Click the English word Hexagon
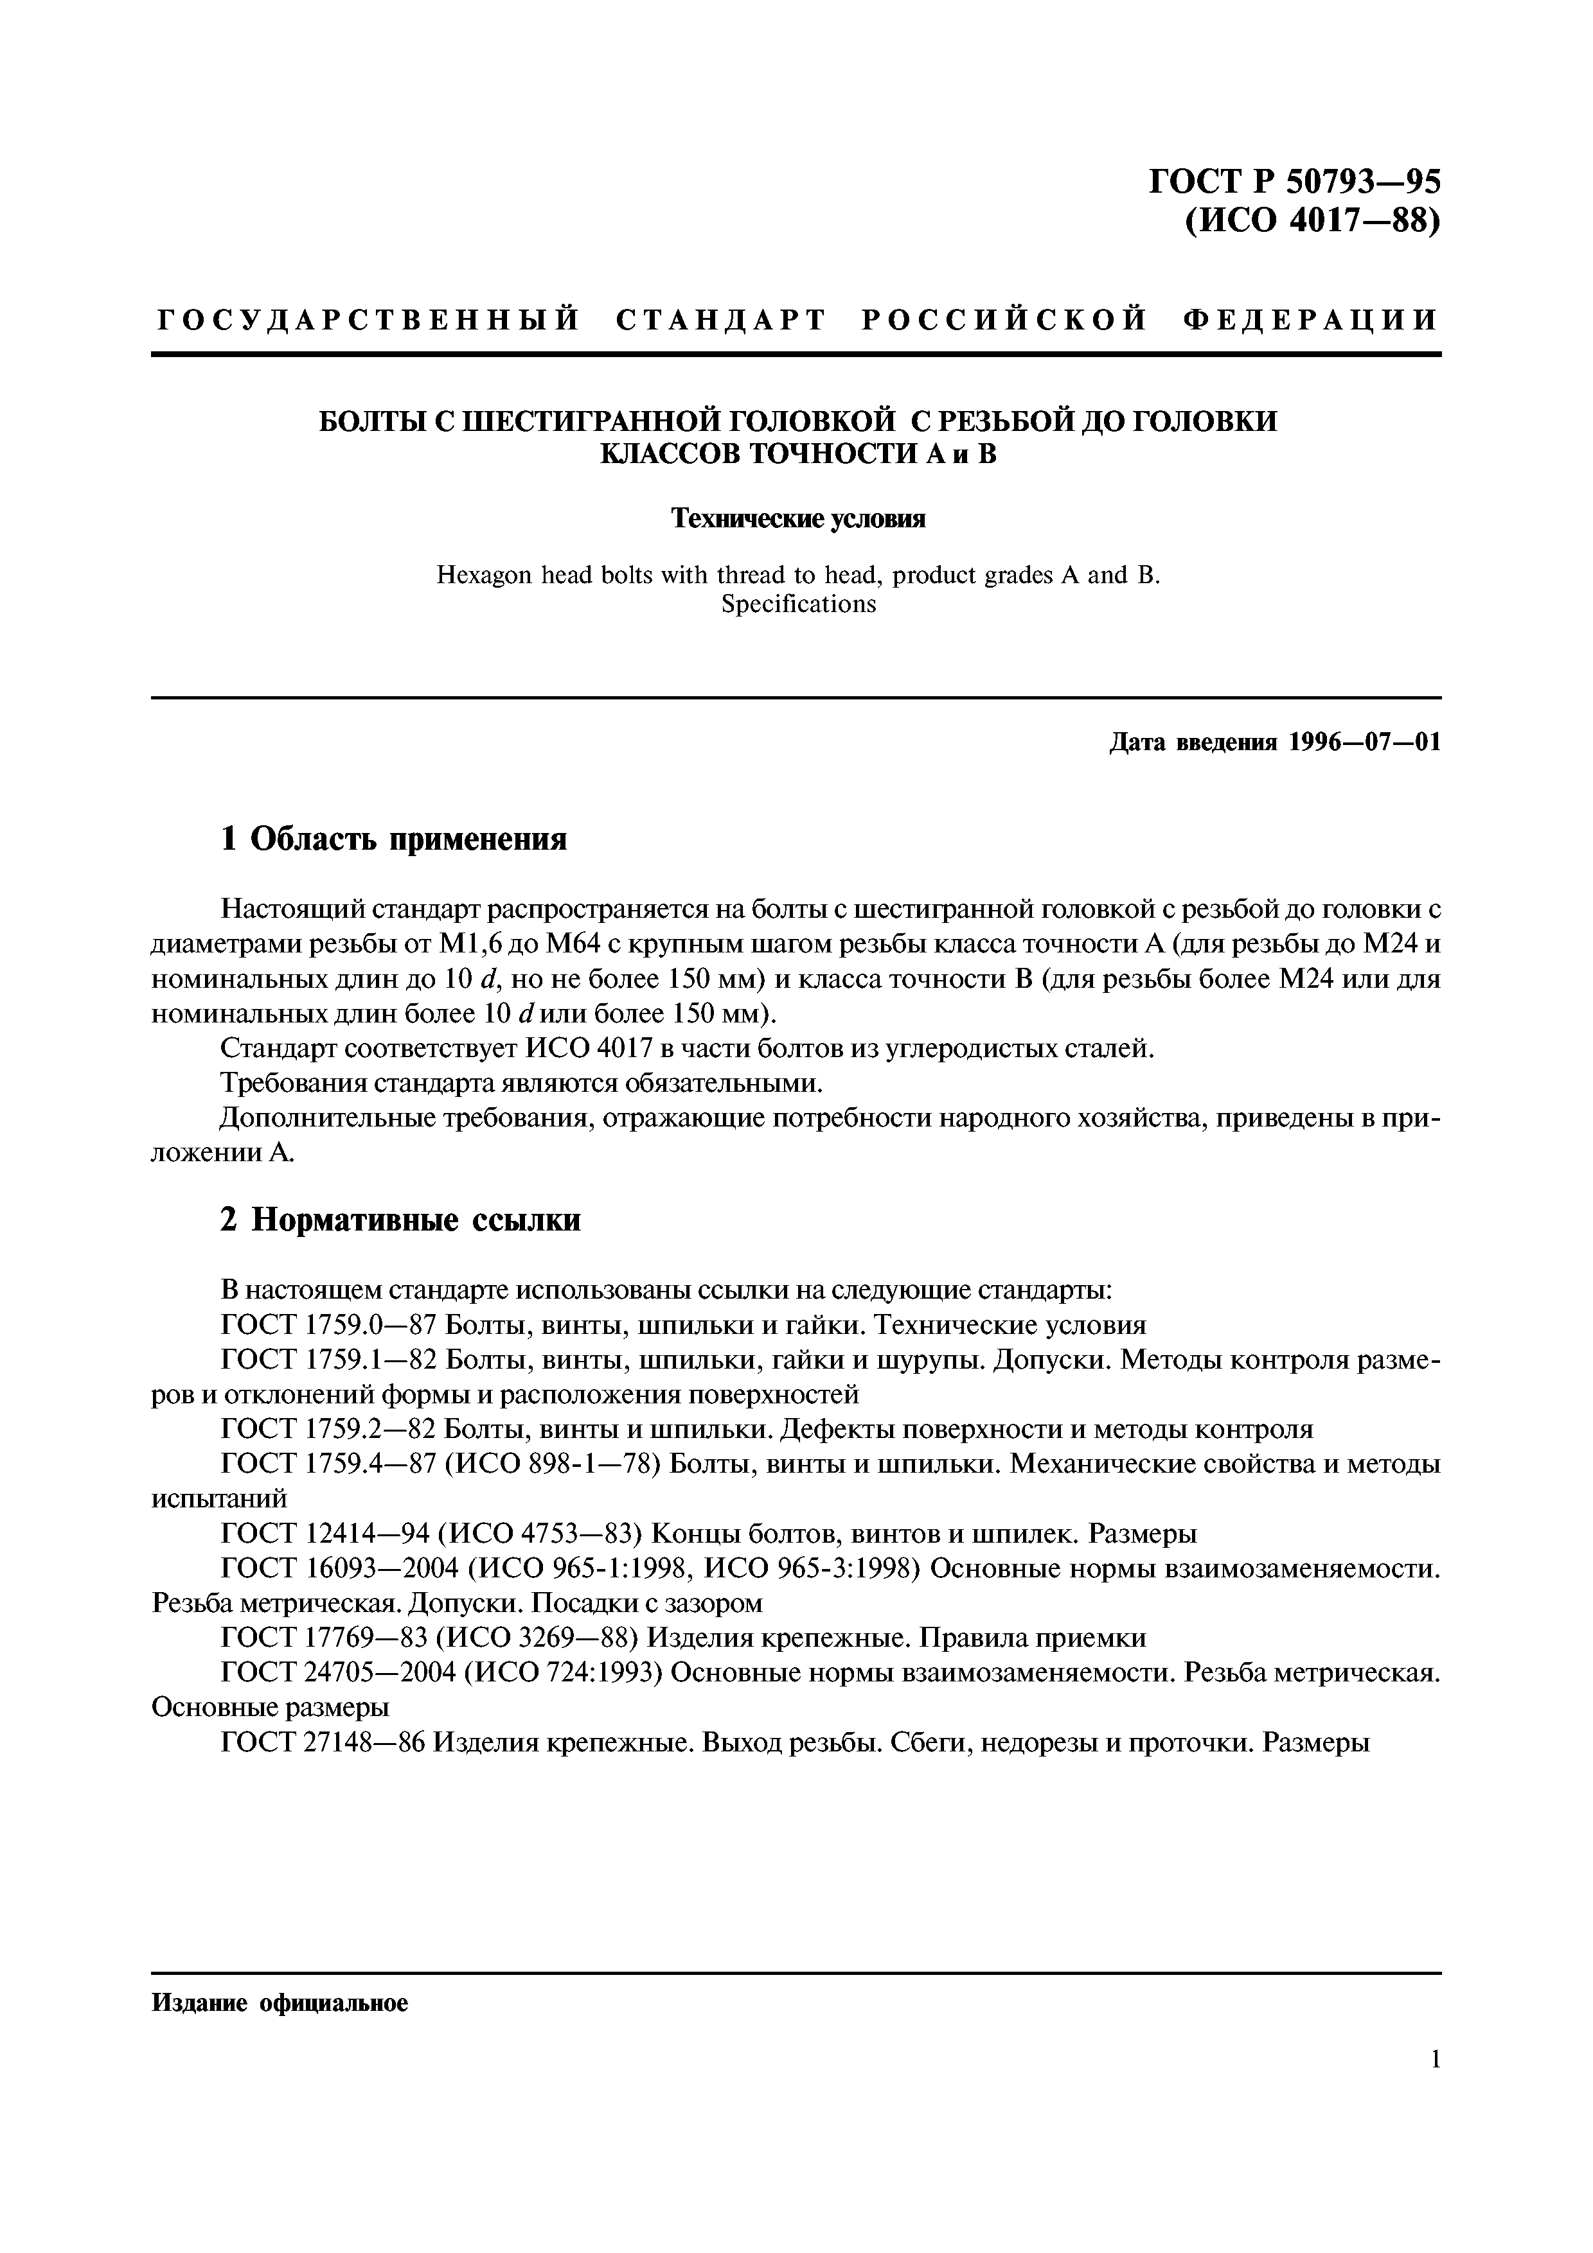tap(485, 575)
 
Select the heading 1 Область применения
tap(393, 839)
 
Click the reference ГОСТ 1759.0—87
tap(329, 1326)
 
